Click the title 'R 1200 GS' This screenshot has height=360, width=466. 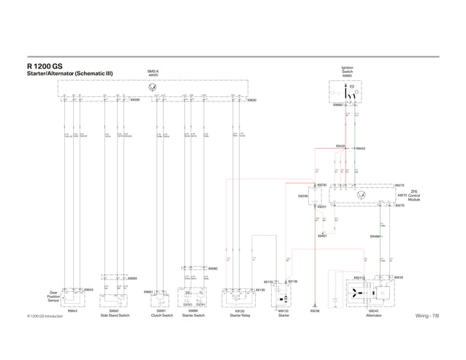45,66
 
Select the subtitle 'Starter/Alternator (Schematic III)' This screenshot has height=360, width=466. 68,74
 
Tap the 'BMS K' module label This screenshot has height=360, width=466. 153,72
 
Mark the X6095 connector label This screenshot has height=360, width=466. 134,100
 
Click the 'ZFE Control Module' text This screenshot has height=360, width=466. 413,196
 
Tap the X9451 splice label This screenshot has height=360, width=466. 322,236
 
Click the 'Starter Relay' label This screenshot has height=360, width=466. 240,315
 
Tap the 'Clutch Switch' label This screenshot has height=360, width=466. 161,315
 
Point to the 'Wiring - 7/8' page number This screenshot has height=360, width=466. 427,315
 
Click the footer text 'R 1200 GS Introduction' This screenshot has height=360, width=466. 45,315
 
